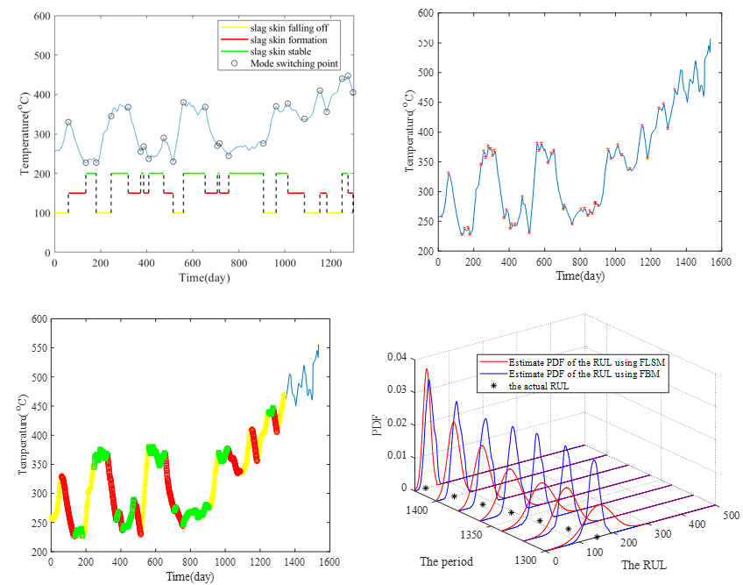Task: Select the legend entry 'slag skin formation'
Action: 289,39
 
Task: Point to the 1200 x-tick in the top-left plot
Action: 330,262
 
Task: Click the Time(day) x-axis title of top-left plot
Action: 203,278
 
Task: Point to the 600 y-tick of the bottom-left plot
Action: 38,319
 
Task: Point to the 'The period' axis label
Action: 447,561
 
